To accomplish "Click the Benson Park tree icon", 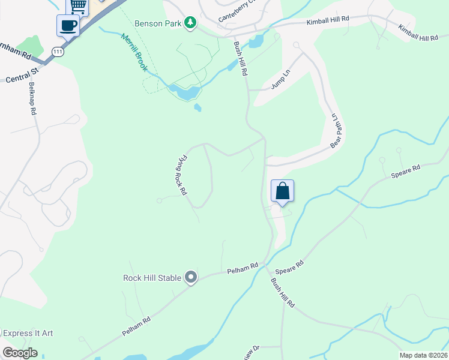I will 190,23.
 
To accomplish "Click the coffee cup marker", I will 68,26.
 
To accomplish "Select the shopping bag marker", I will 283,191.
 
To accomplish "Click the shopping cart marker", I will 77,5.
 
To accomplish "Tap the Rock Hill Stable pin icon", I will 191,277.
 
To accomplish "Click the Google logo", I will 20,353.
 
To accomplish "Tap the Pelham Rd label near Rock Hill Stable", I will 243,269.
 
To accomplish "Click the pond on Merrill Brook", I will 185,92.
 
